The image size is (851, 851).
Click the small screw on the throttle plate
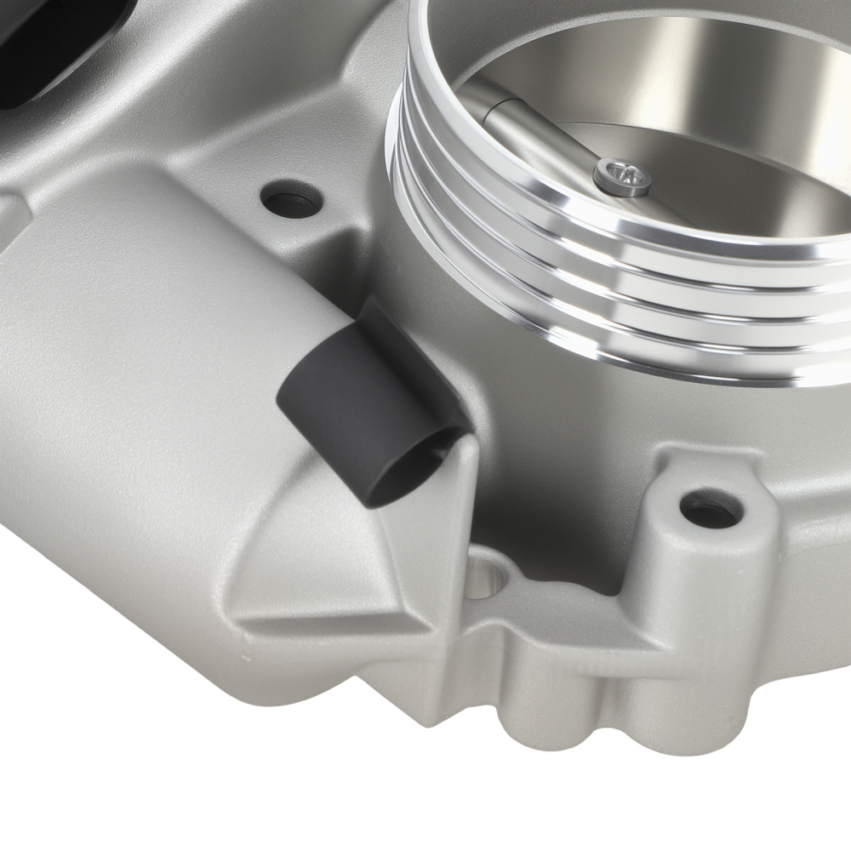pos(622,175)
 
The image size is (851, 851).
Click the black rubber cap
pos(366,400)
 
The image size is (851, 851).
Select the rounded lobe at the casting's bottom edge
pos(545,723)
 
